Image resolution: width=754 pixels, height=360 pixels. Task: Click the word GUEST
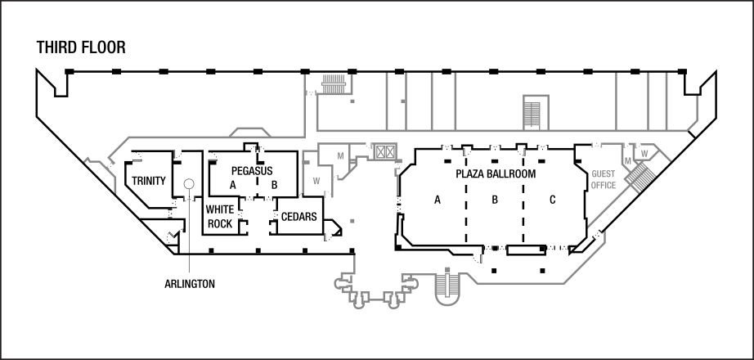click(x=604, y=174)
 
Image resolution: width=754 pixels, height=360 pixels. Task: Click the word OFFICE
click(x=604, y=186)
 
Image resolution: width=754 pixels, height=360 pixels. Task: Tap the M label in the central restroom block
click(x=340, y=155)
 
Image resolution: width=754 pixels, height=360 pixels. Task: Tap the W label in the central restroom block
click(x=316, y=181)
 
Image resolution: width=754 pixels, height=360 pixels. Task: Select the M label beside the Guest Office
click(x=627, y=160)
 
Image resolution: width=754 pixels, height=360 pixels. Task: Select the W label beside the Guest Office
click(x=644, y=153)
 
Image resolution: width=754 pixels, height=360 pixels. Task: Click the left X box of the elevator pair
click(x=379, y=151)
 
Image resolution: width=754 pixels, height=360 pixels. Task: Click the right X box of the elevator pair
click(x=390, y=151)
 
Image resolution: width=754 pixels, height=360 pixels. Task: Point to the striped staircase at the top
click(x=334, y=83)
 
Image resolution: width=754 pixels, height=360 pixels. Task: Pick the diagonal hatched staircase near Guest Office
click(x=640, y=177)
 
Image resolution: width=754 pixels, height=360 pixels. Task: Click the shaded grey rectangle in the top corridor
click(x=532, y=114)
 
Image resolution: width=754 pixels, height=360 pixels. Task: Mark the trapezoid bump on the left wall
click(x=249, y=132)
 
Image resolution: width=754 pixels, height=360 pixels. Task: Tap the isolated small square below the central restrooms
click(x=352, y=221)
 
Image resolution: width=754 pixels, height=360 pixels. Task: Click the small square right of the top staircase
click(x=352, y=101)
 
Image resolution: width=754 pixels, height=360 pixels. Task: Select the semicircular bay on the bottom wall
click(x=447, y=292)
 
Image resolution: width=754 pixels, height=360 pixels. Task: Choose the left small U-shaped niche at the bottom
click(x=358, y=302)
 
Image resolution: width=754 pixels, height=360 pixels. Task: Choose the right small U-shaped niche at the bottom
click(x=393, y=302)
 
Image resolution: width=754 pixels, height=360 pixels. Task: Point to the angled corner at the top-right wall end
click(x=693, y=124)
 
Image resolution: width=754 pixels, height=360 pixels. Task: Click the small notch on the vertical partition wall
click(x=402, y=101)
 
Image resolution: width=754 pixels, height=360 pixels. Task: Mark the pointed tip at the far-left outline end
click(x=85, y=160)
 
